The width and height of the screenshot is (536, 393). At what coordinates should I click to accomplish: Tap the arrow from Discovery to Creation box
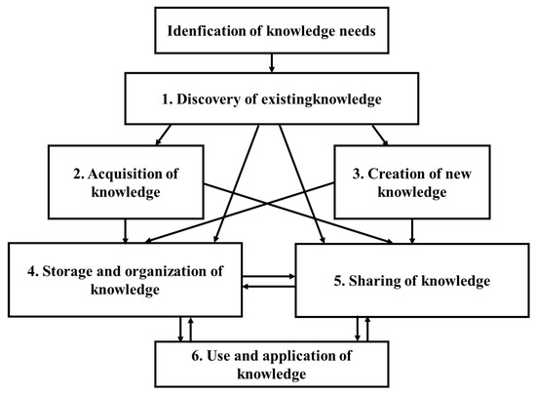coord(370,130)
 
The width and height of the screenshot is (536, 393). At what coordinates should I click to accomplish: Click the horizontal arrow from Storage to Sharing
coord(268,277)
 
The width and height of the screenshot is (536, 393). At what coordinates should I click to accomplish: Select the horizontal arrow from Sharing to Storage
coord(268,287)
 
